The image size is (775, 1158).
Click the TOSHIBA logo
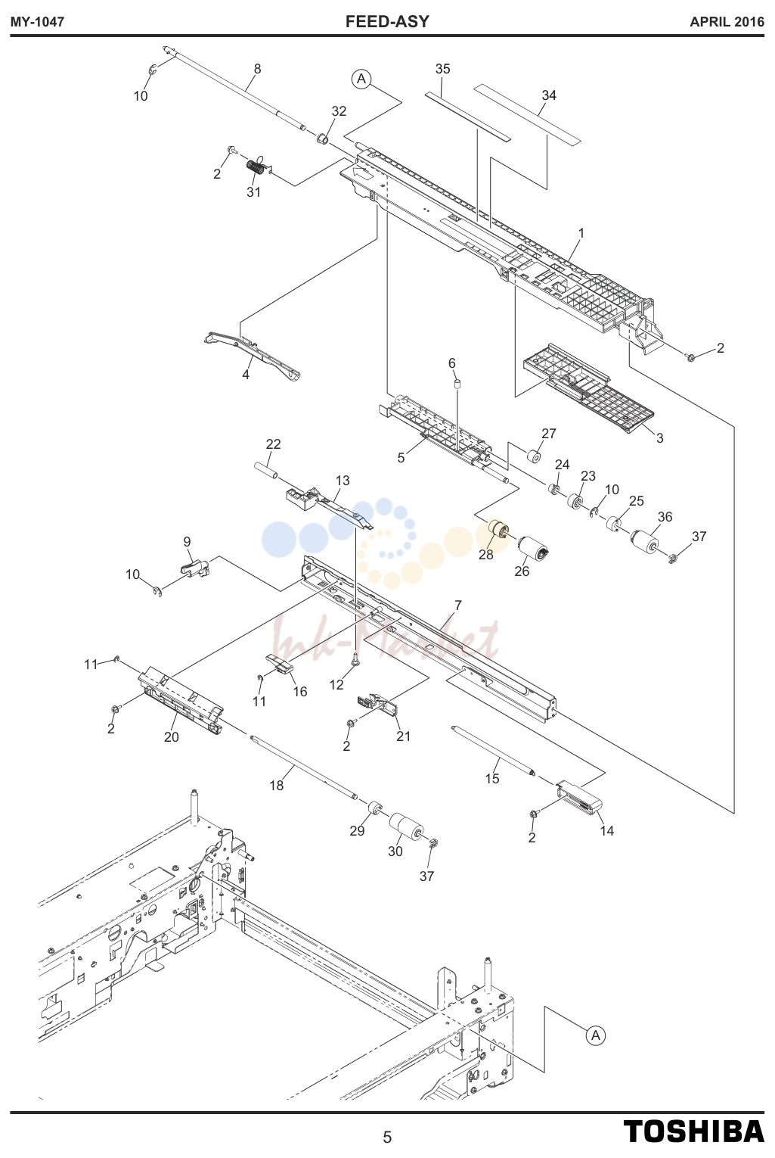click(693, 1131)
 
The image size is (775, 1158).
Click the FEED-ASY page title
click(387, 21)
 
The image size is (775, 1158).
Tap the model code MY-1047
click(37, 22)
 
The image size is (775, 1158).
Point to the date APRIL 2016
click(727, 22)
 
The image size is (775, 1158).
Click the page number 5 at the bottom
click(387, 1137)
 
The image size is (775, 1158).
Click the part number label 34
click(549, 95)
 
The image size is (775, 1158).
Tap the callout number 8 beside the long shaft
click(257, 69)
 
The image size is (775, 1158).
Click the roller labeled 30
click(406, 826)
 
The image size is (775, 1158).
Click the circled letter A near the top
click(361, 79)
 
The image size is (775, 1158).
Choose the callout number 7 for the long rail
click(457, 605)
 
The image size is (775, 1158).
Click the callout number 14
click(606, 830)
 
